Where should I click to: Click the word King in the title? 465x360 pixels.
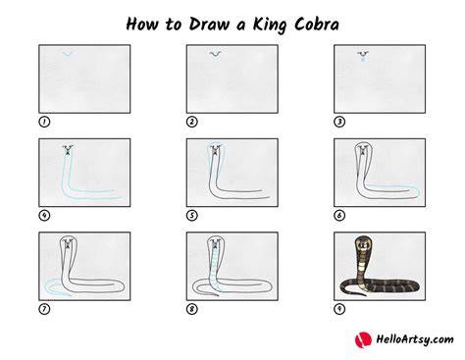pos(268,25)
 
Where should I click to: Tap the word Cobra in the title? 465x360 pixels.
pos(316,24)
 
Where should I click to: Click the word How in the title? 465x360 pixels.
pos(142,24)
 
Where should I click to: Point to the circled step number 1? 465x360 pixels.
pos(44,122)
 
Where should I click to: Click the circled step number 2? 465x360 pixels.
pos(192,122)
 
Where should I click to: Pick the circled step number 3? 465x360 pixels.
pos(339,122)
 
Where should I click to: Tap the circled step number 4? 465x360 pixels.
pos(44,216)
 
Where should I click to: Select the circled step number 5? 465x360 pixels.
pos(192,216)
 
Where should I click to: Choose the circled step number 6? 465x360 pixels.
pos(339,216)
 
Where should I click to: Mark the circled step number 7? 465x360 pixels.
pos(44,309)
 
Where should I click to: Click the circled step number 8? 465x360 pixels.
pos(192,309)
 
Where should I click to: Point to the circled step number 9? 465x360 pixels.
pos(339,309)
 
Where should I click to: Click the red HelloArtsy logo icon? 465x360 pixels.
pos(363,339)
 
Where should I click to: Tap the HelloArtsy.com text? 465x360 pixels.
pos(415,339)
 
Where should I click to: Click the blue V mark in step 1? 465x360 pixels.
pos(68,54)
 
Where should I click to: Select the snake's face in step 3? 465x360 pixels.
pos(363,56)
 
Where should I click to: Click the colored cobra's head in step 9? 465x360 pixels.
pos(362,243)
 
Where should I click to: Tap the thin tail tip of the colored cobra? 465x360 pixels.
pos(365,295)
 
